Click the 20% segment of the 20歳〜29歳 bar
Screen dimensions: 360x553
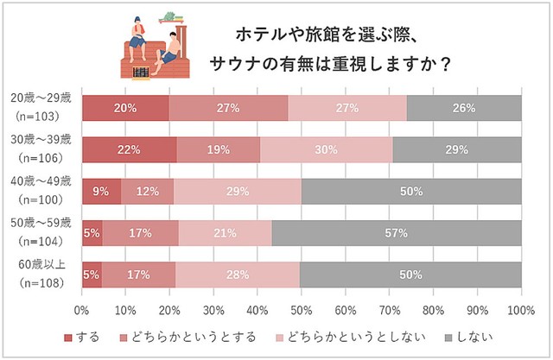125,108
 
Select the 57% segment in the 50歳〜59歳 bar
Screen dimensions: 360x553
397,232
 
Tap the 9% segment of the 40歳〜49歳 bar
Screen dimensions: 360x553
101,191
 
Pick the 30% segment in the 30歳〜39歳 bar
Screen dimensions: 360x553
327,149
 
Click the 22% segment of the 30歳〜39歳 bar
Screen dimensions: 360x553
130,149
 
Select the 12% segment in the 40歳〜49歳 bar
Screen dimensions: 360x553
147,191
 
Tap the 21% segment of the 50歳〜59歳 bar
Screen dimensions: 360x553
225,232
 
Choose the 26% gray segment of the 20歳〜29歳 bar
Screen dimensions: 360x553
464,108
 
